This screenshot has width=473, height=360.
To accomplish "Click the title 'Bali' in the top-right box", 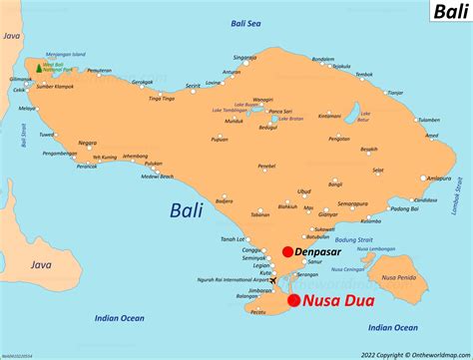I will (445, 13).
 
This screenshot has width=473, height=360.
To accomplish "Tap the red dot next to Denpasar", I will (287, 252).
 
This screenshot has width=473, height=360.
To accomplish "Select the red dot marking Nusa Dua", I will (293, 300).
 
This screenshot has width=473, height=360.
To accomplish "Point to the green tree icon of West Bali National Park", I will (39, 68).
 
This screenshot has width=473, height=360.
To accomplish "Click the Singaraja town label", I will (242, 58).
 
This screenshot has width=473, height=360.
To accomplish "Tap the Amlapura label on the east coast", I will (428, 149).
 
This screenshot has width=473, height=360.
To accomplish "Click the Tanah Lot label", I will (235, 238).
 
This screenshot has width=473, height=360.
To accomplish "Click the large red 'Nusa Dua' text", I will (345, 301).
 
